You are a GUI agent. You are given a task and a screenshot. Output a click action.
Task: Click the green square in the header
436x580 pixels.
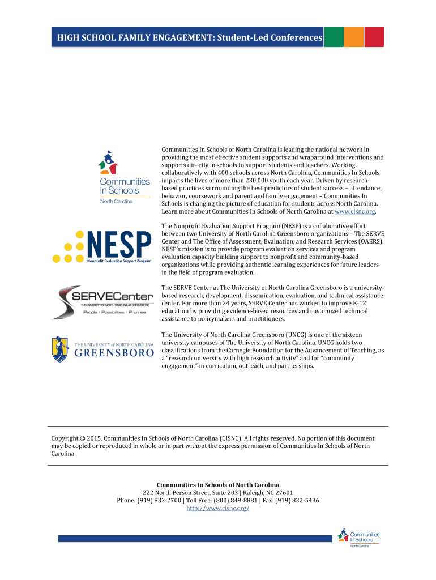point(334,37)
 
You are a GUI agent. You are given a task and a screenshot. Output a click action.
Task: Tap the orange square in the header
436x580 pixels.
point(354,37)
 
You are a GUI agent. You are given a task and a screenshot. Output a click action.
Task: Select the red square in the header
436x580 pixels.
point(374,37)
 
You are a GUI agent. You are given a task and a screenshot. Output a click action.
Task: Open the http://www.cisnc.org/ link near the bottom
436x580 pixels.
point(218,508)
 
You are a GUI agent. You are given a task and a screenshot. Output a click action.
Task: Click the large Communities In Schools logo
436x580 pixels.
point(124,177)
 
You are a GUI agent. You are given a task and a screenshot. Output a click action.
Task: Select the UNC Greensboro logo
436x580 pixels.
point(102,348)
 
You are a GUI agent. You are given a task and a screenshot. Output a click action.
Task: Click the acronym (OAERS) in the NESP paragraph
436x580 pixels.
point(367,241)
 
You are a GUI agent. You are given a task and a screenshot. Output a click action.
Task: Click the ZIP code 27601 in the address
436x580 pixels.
point(284,493)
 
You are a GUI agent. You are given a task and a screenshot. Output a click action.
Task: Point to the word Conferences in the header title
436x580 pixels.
point(289,38)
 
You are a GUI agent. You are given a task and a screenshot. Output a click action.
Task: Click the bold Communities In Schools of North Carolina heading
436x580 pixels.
point(218,485)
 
